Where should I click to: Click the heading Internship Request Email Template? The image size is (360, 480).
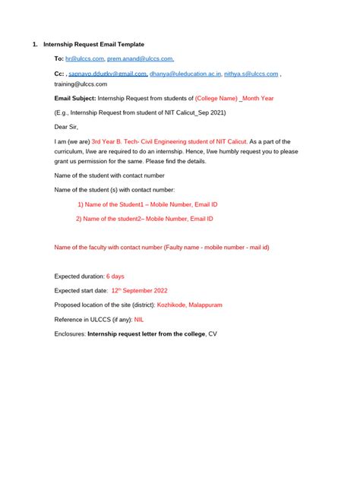coord(93,45)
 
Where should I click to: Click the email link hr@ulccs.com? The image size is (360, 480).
coord(85,58)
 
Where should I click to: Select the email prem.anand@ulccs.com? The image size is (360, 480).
coord(141,58)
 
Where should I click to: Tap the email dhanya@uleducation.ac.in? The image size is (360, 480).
coord(185,74)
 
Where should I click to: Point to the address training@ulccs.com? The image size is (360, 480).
coord(81,84)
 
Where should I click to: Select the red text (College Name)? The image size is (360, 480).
coord(216,99)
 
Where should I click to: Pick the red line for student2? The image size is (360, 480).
coord(144,219)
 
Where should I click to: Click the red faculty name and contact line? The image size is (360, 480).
coord(162,247)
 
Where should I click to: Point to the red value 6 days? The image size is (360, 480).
coord(115,276)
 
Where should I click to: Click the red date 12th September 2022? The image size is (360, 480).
coord(139,290)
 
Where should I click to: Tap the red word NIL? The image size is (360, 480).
coord(139,319)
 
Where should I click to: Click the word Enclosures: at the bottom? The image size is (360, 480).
coord(71,334)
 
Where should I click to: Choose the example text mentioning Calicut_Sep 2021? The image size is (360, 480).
coord(129,112)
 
